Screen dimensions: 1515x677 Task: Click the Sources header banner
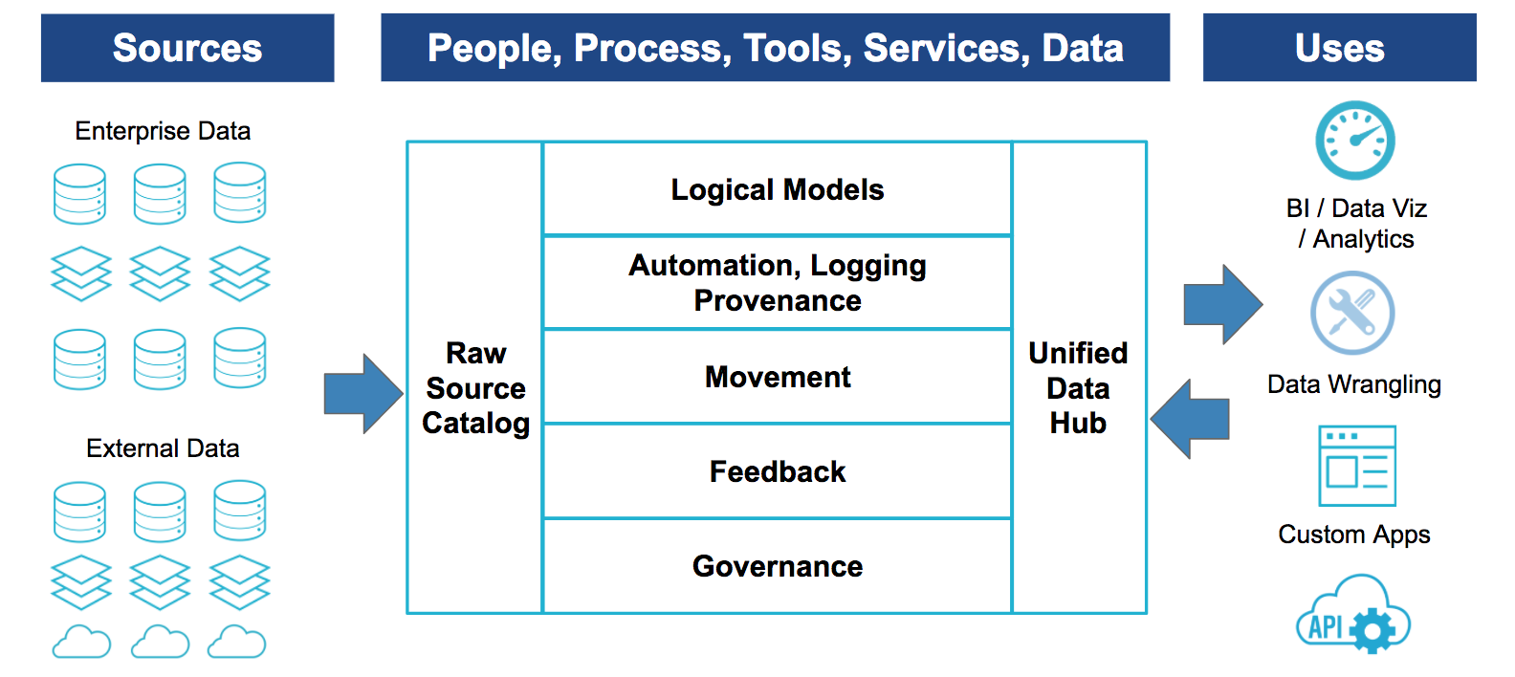(187, 48)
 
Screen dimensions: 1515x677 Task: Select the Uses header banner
(1339, 48)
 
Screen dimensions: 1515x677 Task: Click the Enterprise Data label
(163, 131)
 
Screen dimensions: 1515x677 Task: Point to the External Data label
(163, 448)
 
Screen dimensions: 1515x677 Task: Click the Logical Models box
(778, 188)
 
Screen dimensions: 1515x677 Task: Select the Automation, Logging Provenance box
(778, 283)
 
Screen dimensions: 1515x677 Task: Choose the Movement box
(778, 377)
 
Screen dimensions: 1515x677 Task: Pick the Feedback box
(778, 471)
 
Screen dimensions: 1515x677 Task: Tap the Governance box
(778, 566)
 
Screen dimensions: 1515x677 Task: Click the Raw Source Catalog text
(475, 388)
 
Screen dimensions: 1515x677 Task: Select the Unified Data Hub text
(1078, 388)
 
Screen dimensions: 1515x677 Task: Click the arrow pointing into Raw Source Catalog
(363, 394)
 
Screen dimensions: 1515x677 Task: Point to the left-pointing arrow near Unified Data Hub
(1190, 420)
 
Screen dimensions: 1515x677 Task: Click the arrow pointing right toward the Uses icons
(1223, 304)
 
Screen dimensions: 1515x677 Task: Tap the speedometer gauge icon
(1354, 141)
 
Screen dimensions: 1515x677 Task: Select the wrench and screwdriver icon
(1352, 313)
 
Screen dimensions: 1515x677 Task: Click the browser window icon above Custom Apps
(1357, 466)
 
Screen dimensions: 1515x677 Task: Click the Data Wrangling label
(1354, 384)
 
